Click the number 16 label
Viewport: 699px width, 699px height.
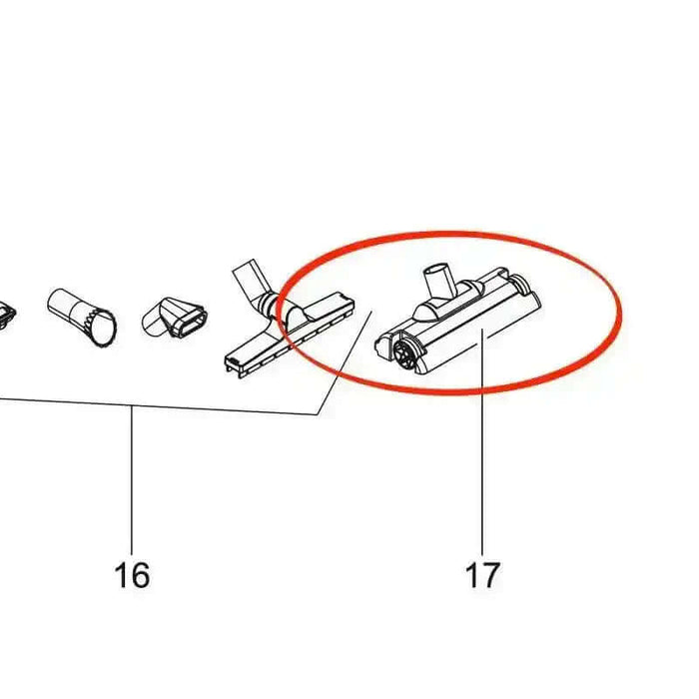point(132,575)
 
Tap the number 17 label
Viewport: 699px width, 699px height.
point(482,575)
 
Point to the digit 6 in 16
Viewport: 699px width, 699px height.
point(141,575)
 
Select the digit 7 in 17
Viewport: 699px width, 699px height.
point(491,575)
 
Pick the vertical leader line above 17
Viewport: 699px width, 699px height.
point(482,445)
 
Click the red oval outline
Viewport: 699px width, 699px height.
point(619,312)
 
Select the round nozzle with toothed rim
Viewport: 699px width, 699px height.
point(82,317)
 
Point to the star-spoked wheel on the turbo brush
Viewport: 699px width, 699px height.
point(403,353)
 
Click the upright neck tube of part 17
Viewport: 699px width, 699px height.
point(438,280)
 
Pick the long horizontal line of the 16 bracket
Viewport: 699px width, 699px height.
point(159,407)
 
